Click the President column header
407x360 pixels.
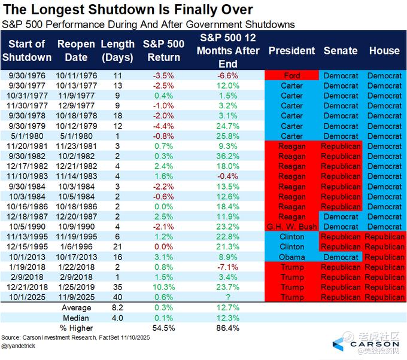point(291,51)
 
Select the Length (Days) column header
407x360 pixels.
point(118,51)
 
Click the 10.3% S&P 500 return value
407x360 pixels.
point(162,287)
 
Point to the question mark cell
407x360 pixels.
point(229,297)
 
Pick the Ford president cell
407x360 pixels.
point(291,76)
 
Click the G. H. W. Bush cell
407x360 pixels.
point(291,227)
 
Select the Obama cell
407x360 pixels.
point(291,257)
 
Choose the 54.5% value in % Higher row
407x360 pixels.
point(162,328)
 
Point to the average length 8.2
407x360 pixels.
point(118,307)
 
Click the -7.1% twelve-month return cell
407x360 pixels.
point(229,267)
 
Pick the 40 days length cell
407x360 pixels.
point(118,297)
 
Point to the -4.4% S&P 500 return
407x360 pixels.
point(162,126)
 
